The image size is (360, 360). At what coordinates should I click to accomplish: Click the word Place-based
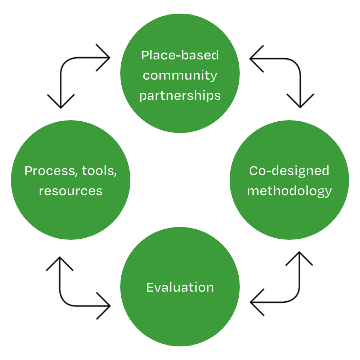[180, 55]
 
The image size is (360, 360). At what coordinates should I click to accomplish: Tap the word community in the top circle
[180, 76]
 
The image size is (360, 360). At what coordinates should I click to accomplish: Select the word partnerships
[180, 95]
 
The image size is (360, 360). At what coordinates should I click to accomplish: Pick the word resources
[71, 191]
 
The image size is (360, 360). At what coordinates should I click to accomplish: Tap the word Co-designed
[289, 171]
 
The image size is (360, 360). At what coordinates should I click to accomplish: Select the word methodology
[289, 191]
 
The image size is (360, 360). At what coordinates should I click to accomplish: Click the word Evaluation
[180, 287]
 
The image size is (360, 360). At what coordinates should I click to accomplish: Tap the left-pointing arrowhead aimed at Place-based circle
[253, 58]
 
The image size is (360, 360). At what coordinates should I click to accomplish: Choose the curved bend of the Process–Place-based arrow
[65, 63]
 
